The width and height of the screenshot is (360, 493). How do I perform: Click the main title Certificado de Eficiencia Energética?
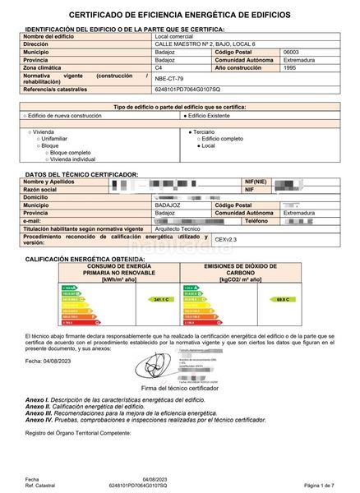click(179, 15)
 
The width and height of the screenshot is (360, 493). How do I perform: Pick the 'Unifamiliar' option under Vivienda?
click(57, 137)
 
